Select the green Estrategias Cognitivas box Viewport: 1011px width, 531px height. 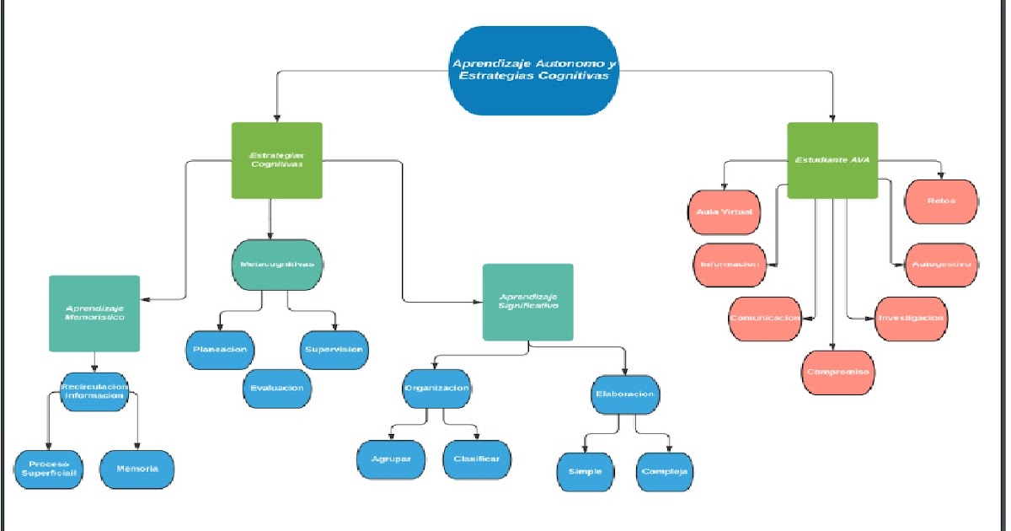tap(277, 160)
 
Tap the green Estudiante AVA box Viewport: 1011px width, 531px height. tap(832, 160)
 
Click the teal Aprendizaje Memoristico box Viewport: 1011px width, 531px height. tap(94, 313)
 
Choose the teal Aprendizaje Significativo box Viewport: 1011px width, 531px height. tap(528, 302)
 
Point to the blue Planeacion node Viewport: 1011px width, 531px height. tap(219, 350)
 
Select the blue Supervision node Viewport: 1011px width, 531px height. tap(334, 350)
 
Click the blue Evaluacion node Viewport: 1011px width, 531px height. tap(277, 389)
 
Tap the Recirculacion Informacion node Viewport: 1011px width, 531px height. tap(94, 392)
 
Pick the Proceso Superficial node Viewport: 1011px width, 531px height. tap(48, 469)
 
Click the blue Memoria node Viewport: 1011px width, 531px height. tap(136, 469)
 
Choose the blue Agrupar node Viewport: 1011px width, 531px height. tap(390, 459)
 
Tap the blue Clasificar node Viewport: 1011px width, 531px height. tap(476, 459)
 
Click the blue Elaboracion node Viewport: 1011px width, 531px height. tap(623, 394)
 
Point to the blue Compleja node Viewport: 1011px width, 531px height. tap(665, 471)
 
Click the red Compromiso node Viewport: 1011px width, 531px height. tap(837, 373)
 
